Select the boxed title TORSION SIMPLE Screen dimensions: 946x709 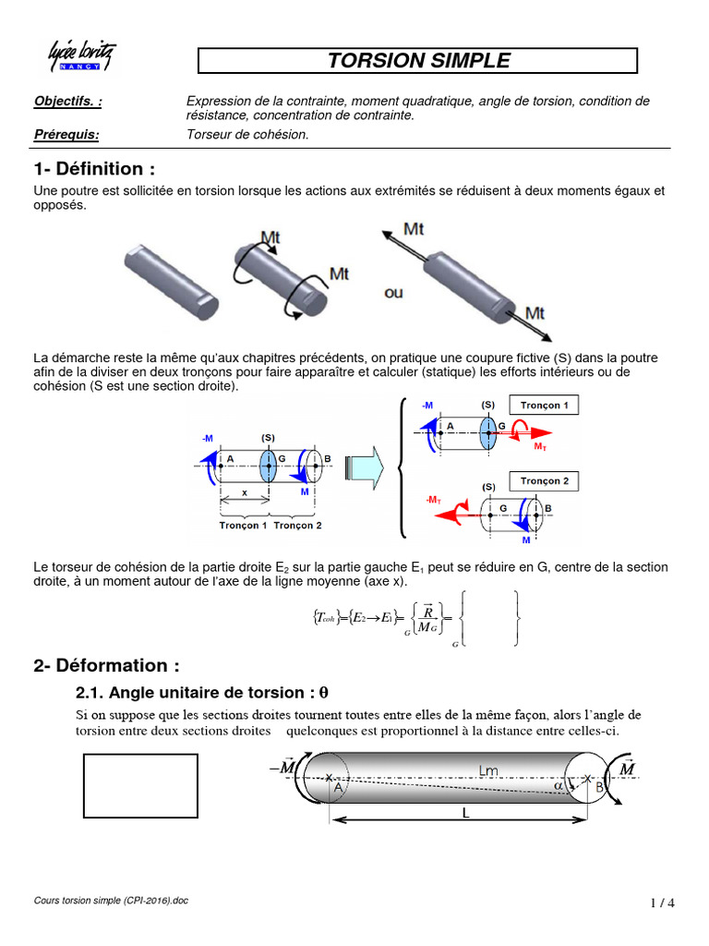[418, 61]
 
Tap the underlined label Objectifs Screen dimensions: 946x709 [67, 101]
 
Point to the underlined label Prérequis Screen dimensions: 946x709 [66, 135]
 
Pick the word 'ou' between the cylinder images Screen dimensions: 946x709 [394, 292]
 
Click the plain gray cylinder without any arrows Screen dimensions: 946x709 [171, 280]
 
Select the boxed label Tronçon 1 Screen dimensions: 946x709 [544, 406]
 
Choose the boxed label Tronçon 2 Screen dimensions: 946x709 [544, 481]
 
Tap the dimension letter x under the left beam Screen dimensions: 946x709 [244, 493]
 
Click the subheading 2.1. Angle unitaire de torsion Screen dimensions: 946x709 [201, 693]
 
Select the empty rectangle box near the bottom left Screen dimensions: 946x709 [141, 786]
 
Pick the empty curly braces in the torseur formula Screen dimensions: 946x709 [488, 617]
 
